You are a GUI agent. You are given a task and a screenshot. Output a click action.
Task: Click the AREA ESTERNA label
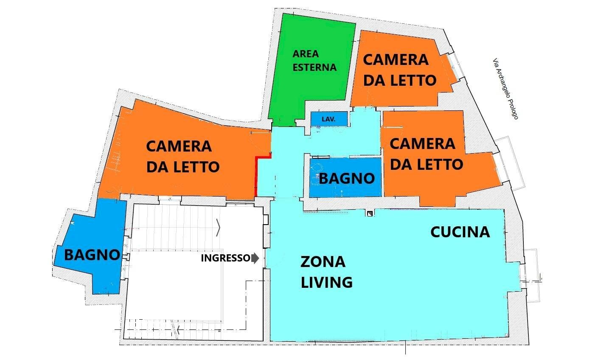(x=314, y=61)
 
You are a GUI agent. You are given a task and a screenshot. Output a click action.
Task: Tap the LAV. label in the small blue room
(x=329, y=120)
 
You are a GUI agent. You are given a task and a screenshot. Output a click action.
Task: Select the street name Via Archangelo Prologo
(x=506, y=89)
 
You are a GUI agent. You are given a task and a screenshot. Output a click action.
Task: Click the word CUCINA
(x=460, y=232)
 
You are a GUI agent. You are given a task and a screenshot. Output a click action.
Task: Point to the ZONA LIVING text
(x=326, y=272)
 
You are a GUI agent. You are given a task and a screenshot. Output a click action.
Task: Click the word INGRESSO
(x=225, y=258)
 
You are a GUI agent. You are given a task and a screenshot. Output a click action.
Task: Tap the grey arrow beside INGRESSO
(x=255, y=258)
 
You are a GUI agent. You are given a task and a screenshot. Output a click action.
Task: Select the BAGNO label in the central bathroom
(x=347, y=178)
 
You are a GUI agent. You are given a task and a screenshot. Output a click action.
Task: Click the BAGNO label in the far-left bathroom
(x=92, y=255)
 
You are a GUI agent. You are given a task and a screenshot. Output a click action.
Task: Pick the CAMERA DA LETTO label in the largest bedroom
(x=183, y=156)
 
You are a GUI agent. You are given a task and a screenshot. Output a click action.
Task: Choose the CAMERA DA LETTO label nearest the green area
(x=399, y=70)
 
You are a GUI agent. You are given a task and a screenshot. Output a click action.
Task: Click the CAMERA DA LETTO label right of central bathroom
(x=426, y=154)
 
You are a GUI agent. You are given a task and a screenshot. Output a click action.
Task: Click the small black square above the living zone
(x=370, y=214)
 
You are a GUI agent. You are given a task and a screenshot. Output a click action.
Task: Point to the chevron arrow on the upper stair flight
(x=218, y=228)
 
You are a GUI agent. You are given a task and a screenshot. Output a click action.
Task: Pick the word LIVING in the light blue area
(x=326, y=282)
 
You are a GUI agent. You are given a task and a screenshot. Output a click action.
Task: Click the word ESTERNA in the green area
(x=314, y=67)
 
